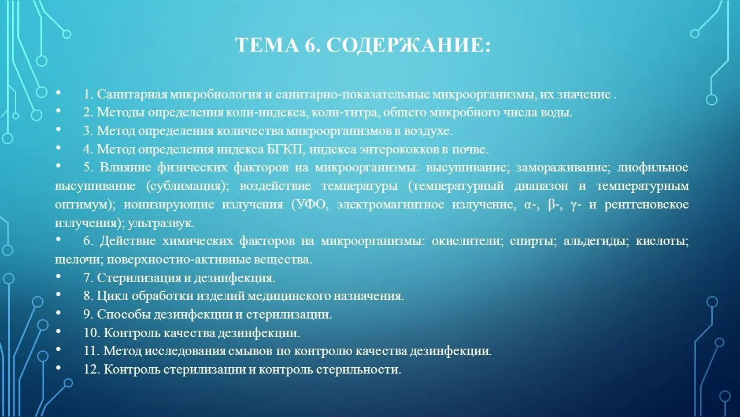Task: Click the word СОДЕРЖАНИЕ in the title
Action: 408,45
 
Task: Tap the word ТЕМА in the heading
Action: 267,45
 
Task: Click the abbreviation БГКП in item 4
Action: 284,149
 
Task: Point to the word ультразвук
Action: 161,223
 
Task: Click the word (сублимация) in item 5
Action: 187,186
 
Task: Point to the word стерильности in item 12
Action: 358,370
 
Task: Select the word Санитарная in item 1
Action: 132,94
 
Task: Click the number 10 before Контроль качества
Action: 91,332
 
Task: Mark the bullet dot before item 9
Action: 58,312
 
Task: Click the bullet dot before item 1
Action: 58,93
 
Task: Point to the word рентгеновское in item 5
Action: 646,204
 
